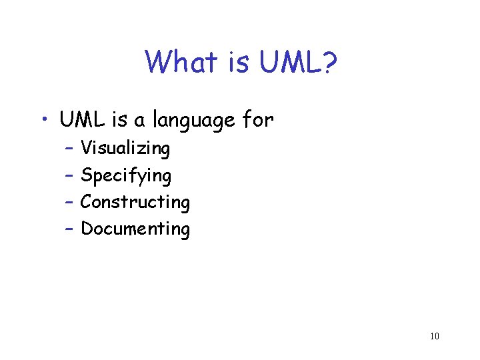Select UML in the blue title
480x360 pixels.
click(x=291, y=63)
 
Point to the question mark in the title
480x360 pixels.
click(x=330, y=63)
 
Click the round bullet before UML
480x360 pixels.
click(x=43, y=121)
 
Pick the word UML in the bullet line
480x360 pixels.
click(x=80, y=121)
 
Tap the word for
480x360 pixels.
click(x=258, y=121)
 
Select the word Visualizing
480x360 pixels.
click(x=125, y=149)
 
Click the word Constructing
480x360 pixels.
click(x=135, y=202)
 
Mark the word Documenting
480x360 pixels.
click(x=135, y=229)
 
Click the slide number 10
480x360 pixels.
click(x=434, y=336)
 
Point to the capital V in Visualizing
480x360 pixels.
click(x=85, y=148)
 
